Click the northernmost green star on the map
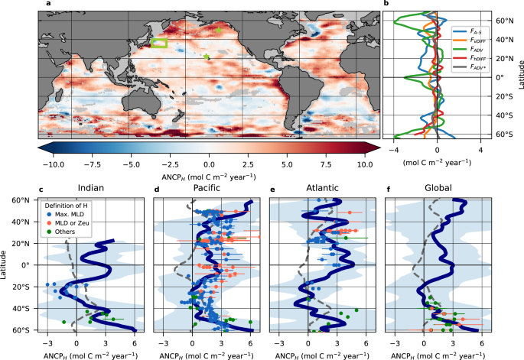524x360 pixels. (x=220, y=29)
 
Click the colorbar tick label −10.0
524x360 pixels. (x=51, y=164)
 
